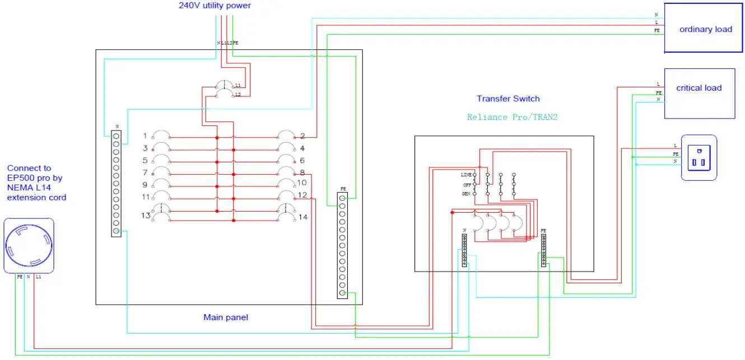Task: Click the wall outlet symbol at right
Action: [x=699, y=157]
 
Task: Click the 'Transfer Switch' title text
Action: [x=508, y=99]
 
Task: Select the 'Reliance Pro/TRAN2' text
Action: [x=512, y=117]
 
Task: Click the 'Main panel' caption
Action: [x=225, y=317]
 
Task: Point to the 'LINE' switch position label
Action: [x=465, y=175]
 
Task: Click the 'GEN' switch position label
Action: [x=466, y=194]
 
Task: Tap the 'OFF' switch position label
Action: [x=466, y=184]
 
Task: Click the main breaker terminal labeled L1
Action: [x=238, y=85]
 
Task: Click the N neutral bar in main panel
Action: [x=116, y=183]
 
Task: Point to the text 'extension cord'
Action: [x=36, y=197]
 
